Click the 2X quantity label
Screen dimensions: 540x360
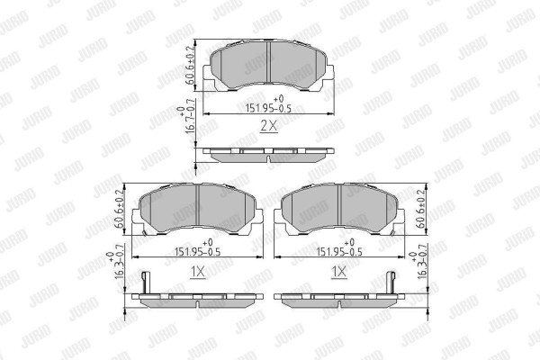(x=268, y=126)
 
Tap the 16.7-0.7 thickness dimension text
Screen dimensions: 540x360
(x=186, y=116)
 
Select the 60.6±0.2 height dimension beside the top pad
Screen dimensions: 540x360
(x=190, y=65)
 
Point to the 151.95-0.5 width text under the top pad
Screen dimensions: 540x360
(x=268, y=104)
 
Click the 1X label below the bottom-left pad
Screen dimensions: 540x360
(x=198, y=272)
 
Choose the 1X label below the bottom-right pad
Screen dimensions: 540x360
(x=339, y=272)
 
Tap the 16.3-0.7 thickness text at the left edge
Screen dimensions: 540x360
(x=115, y=262)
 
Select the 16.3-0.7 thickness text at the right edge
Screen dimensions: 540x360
(x=418, y=262)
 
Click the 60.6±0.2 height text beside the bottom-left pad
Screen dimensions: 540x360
(x=119, y=209)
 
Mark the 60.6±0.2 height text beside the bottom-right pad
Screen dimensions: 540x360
(x=421, y=209)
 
